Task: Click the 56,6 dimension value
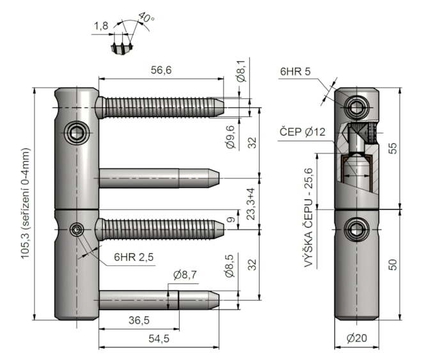(161, 71)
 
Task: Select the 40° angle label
(146, 19)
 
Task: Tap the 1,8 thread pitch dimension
(100, 26)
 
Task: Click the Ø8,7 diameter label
(185, 276)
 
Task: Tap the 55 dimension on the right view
(393, 148)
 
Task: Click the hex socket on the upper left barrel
(76, 133)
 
